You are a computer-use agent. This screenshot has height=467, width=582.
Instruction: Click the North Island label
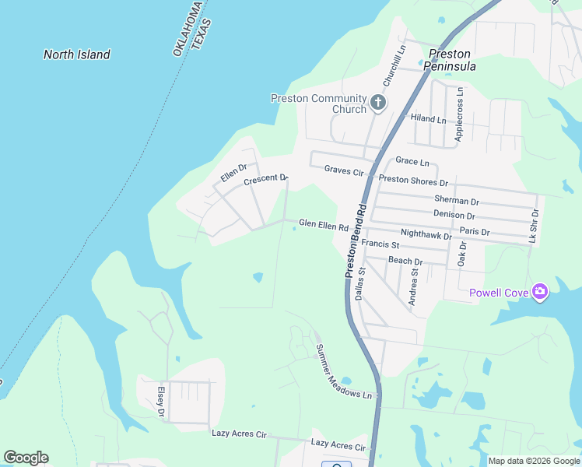[x=76, y=54]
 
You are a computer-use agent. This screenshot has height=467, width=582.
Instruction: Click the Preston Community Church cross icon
[x=378, y=102]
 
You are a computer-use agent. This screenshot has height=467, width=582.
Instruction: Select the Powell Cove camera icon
[x=540, y=293]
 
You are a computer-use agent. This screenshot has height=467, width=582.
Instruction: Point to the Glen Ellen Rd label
[x=323, y=226]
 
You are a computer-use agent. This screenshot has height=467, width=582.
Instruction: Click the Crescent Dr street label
[x=266, y=180]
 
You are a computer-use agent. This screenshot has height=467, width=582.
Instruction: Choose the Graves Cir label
[x=344, y=170]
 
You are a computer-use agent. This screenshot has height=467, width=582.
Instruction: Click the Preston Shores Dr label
[x=413, y=180]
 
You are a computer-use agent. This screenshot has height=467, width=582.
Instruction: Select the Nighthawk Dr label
[x=426, y=233]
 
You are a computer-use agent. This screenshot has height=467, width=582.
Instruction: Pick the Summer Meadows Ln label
[x=343, y=372]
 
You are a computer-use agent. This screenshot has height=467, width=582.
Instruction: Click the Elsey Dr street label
[x=161, y=402]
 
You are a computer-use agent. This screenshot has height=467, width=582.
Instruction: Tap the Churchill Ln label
[x=394, y=65]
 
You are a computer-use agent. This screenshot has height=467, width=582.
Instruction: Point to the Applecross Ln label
[x=459, y=114]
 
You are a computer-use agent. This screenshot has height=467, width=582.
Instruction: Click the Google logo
[x=26, y=458]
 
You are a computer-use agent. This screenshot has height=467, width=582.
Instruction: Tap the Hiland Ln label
[x=429, y=120]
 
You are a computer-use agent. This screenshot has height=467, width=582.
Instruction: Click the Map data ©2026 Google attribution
[x=533, y=461]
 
